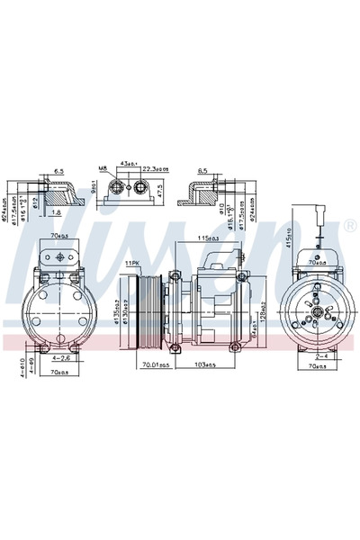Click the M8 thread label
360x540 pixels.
pyautogui.click(x=103, y=167)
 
